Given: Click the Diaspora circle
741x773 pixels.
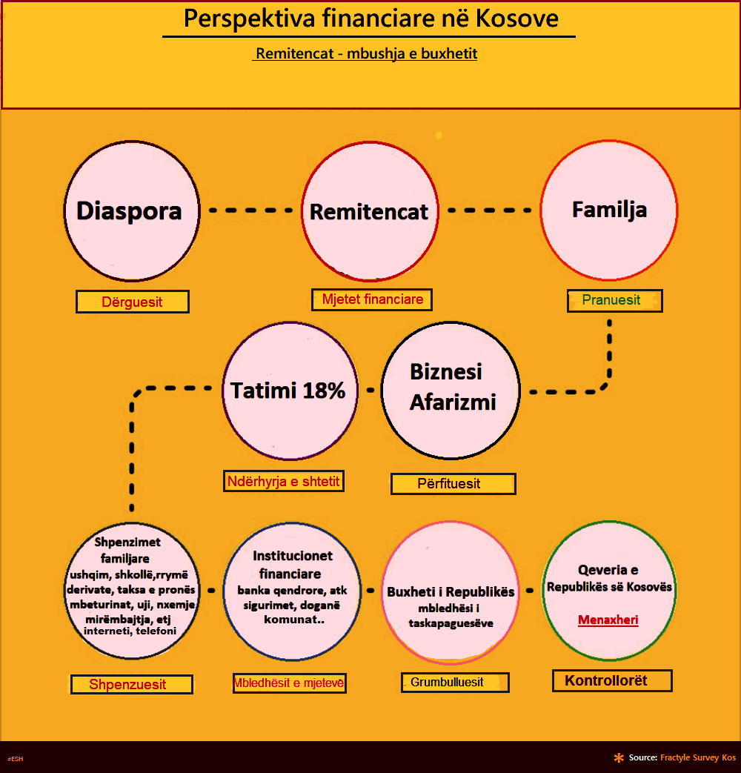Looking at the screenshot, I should [x=130, y=211].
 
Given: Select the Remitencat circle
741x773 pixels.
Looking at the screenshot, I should [x=369, y=211].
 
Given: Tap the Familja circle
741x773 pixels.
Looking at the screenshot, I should [x=609, y=210].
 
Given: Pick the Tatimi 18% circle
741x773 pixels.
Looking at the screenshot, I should [x=289, y=391].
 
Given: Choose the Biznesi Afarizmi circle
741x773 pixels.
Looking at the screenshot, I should [x=450, y=391].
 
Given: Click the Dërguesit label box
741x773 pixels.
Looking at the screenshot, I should [x=133, y=302].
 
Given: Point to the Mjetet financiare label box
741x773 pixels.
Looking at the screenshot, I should [x=372, y=299].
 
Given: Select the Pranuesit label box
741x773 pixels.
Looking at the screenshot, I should [x=614, y=301].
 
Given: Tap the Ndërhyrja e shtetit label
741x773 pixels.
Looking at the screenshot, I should [x=284, y=482].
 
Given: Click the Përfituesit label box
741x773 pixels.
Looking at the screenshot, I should [x=453, y=484].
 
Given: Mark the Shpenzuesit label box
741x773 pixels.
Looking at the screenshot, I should [x=131, y=684].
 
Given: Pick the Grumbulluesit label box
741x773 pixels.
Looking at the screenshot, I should [x=455, y=682].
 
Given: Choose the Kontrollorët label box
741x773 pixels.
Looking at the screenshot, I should [x=612, y=680].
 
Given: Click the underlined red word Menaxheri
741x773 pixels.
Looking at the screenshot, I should [x=608, y=620].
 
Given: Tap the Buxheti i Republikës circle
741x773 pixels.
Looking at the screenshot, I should [x=451, y=591].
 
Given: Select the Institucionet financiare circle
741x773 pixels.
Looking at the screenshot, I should [x=292, y=591].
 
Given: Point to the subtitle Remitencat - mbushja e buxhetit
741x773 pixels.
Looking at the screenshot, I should [x=366, y=55].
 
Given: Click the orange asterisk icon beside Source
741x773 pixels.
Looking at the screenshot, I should [x=619, y=757].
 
